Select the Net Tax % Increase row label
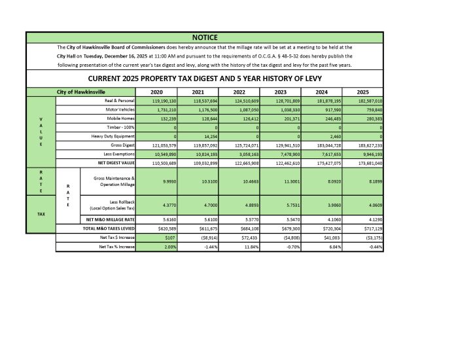click(116, 247)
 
